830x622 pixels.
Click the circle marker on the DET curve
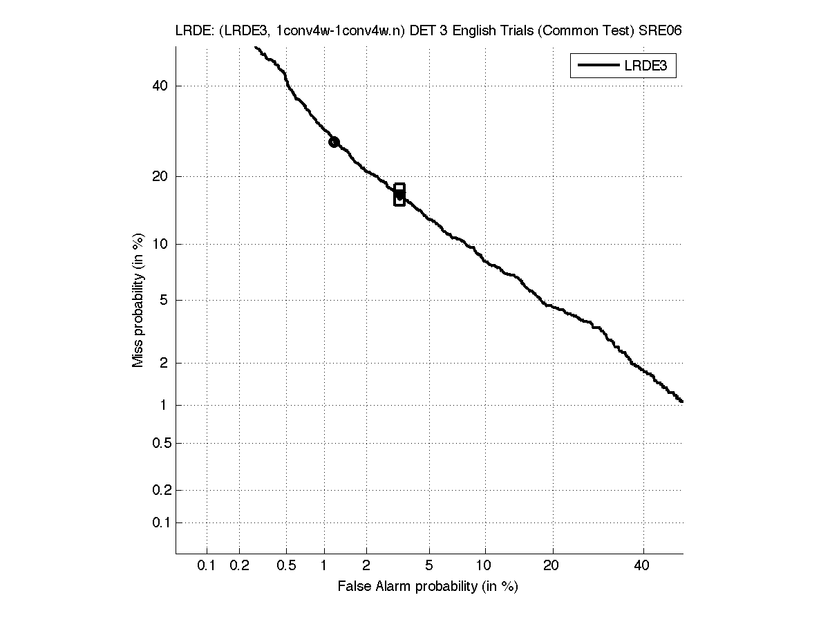(x=334, y=142)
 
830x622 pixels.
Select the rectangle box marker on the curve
(x=399, y=195)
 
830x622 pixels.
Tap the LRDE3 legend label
(x=649, y=66)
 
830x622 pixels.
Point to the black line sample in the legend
(x=597, y=66)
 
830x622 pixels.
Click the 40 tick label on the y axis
(x=161, y=86)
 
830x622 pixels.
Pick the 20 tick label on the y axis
(x=161, y=176)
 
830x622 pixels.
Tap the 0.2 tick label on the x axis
(x=239, y=566)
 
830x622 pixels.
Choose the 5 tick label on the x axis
(x=430, y=566)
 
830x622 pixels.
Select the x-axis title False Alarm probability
(x=428, y=587)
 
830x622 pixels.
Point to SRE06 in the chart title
(x=663, y=31)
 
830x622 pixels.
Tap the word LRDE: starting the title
(x=194, y=31)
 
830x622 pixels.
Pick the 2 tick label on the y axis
(x=164, y=363)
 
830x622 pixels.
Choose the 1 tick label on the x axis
(x=324, y=566)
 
